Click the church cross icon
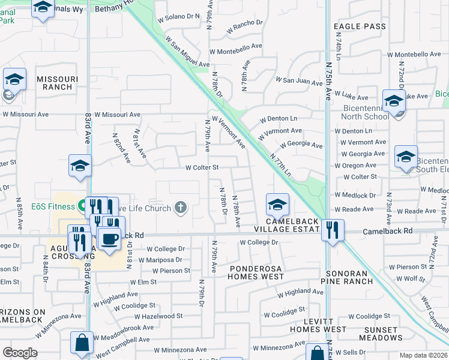click(180, 208)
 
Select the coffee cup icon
click(109, 238)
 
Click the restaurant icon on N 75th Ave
click(331, 229)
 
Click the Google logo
click(20, 353)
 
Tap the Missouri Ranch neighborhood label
click(58, 83)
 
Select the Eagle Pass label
click(359, 26)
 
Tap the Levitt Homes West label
click(318, 325)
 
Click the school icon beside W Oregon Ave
click(406, 157)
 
